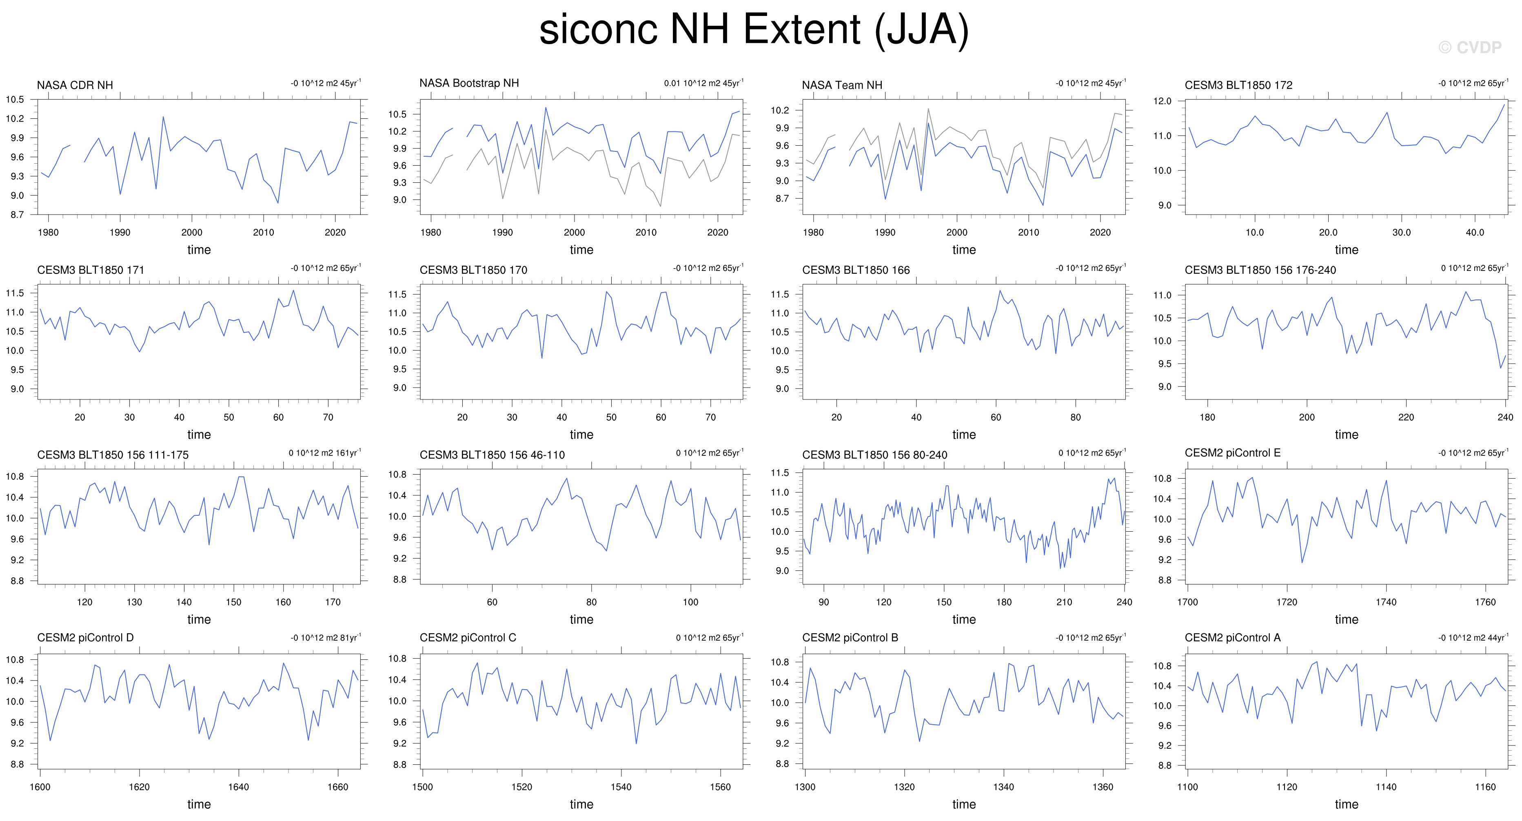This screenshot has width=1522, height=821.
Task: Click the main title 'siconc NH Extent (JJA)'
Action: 754,29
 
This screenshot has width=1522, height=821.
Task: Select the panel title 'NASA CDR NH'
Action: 75,85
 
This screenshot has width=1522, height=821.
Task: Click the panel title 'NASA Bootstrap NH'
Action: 469,83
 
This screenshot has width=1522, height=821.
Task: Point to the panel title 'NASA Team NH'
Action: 842,85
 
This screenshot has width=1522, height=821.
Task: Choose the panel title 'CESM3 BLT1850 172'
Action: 1238,85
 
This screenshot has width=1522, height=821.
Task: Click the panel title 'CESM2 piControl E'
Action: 1232,453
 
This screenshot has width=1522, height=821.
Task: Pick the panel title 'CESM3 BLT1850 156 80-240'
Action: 874,455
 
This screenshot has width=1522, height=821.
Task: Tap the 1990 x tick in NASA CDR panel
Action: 120,233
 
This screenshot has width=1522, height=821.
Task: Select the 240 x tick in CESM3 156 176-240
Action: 1505,417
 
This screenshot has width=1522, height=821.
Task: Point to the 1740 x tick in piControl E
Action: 1386,602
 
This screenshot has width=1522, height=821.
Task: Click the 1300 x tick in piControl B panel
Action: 805,787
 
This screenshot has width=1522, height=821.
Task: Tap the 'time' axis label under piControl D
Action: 199,804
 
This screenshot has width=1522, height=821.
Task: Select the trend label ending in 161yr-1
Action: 324,453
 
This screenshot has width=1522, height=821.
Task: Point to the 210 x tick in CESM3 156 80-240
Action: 1064,602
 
